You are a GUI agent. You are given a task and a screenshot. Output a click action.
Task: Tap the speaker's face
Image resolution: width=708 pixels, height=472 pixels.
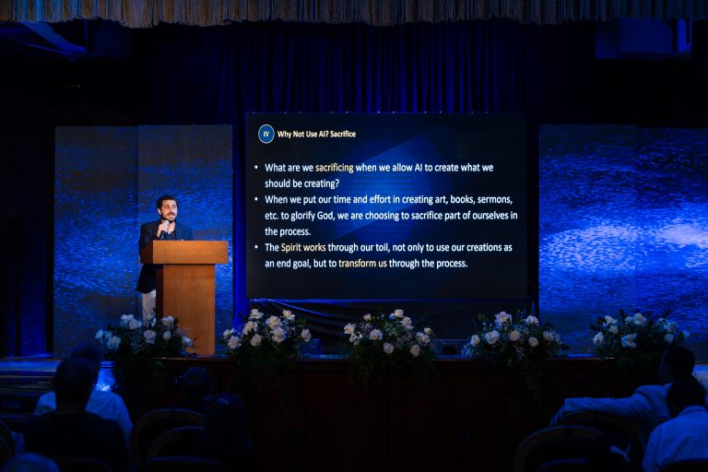tap(167, 211)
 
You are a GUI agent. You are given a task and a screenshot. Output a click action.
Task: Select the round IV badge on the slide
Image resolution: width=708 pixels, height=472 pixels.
tap(265, 135)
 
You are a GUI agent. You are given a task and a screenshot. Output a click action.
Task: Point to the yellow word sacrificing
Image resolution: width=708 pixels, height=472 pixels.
tap(334, 168)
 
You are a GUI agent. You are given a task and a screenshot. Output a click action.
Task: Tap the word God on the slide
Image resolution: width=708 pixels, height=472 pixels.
tap(325, 216)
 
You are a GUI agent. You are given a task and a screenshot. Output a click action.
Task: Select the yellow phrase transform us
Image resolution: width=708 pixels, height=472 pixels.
tap(362, 264)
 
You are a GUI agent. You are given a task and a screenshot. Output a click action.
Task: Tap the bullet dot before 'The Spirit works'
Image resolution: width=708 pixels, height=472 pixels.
tap(256, 247)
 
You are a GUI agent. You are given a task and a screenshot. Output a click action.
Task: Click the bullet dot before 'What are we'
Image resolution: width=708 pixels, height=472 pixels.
tap(256, 167)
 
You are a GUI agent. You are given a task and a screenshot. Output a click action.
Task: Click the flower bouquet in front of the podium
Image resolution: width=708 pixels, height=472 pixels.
tap(145, 336)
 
